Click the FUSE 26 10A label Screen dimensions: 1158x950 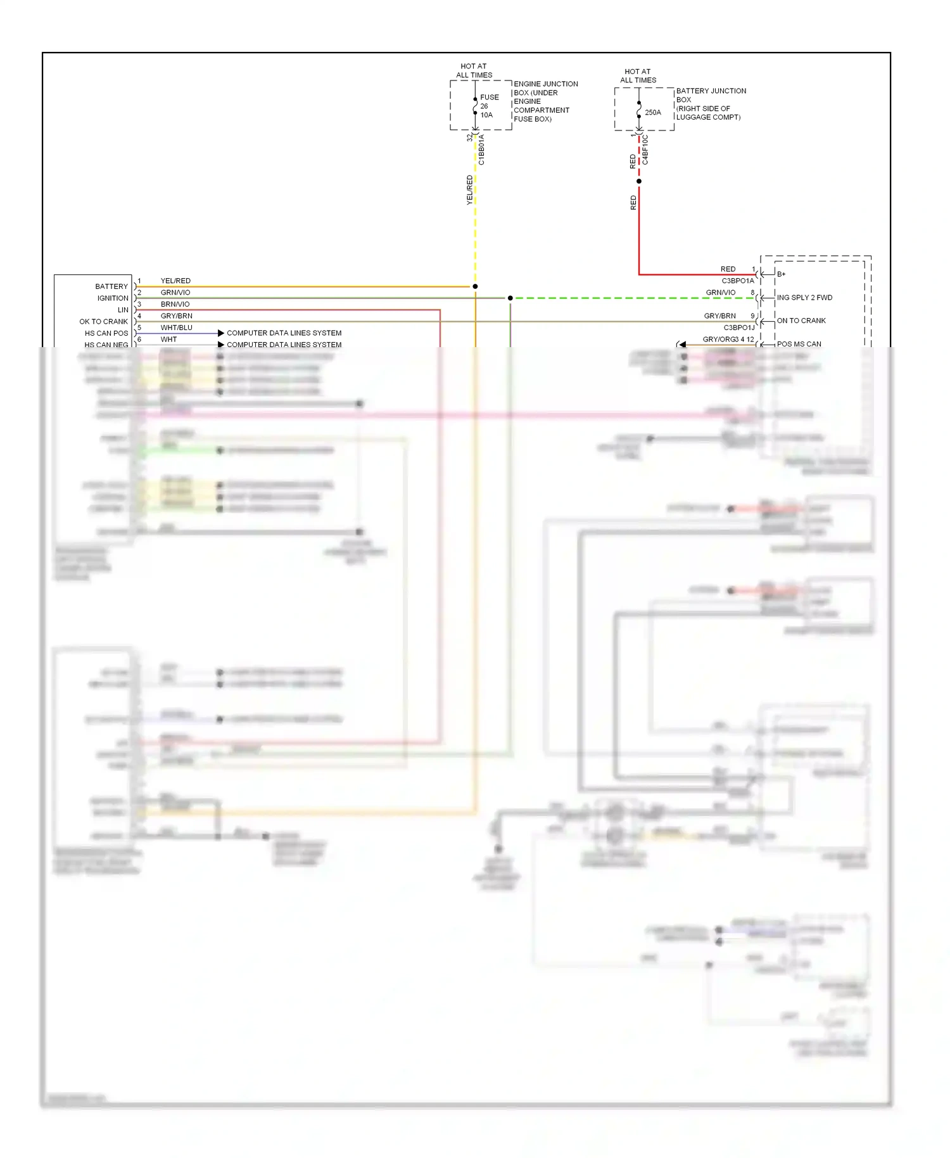tap(489, 106)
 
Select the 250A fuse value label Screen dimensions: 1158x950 tap(653, 112)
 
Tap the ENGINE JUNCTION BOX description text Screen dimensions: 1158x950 tap(545, 101)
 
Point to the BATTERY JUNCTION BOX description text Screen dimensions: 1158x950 tap(711, 104)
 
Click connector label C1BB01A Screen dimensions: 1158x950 tap(481, 150)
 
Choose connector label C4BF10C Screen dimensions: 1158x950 tap(645, 150)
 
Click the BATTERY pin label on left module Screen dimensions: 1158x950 tap(111, 286)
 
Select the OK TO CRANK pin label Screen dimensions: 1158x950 tap(103, 322)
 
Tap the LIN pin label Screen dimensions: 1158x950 tap(123, 310)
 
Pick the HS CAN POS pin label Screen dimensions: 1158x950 tap(106, 333)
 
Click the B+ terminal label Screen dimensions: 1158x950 tap(782, 274)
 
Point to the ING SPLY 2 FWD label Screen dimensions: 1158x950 tap(804, 298)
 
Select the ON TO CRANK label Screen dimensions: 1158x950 tap(801, 321)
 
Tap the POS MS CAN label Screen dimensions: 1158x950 tap(799, 344)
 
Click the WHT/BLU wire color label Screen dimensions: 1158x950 tap(176, 328)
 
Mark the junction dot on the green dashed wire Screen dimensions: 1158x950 tap(510, 298)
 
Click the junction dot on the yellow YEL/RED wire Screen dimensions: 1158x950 tap(475, 286)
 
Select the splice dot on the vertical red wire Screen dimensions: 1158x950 tap(639, 181)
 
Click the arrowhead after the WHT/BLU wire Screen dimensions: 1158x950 tap(221, 333)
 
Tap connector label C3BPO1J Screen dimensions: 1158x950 tap(739, 328)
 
